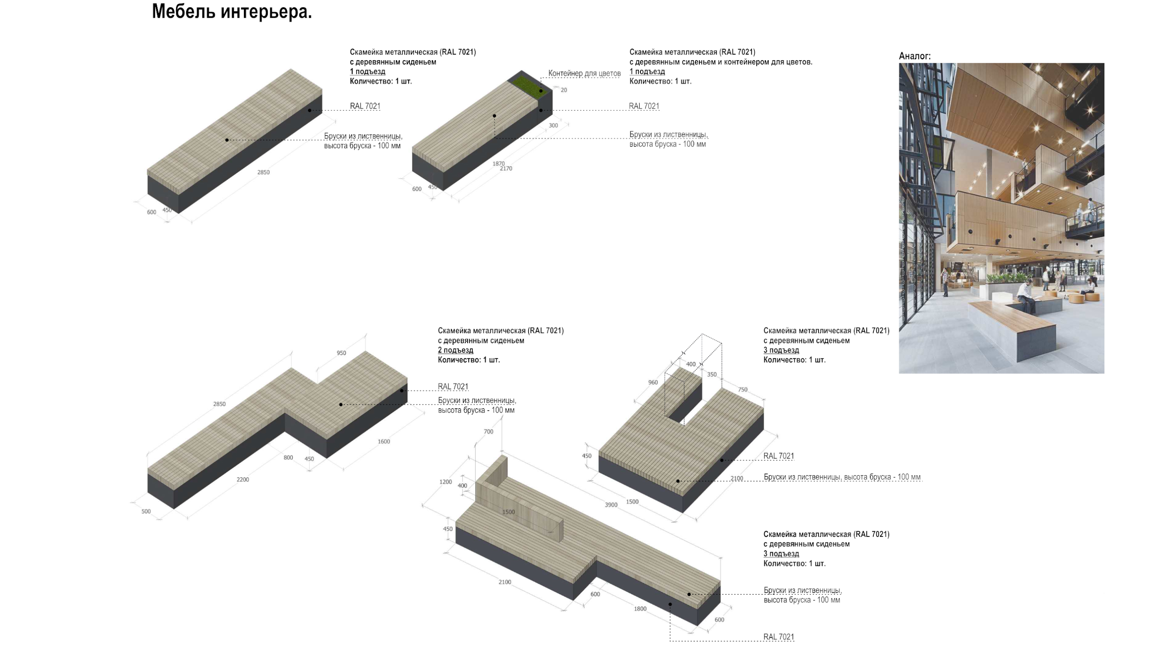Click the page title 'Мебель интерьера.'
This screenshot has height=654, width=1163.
pyautogui.click(x=232, y=12)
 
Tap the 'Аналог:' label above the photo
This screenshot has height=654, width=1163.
pyautogui.click(x=915, y=56)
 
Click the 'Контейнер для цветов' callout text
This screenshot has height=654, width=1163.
pyautogui.click(x=584, y=73)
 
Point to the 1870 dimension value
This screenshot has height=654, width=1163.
pyautogui.click(x=498, y=163)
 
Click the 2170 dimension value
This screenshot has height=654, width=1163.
pyautogui.click(x=506, y=168)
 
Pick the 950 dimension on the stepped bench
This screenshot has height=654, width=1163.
pyautogui.click(x=341, y=353)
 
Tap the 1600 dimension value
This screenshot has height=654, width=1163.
pyautogui.click(x=384, y=441)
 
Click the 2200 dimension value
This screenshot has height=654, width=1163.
pyautogui.click(x=243, y=479)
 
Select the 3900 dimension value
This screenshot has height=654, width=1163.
pyautogui.click(x=611, y=505)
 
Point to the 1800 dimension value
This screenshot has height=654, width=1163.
pyautogui.click(x=640, y=609)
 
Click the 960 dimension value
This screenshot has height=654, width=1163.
pyautogui.click(x=653, y=382)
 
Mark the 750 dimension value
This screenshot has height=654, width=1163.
pyautogui.click(x=743, y=390)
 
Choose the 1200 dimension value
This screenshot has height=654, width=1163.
pyautogui.click(x=445, y=482)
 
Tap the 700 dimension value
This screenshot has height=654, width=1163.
pyautogui.click(x=489, y=432)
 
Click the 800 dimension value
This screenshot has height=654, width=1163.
pyautogui.click(x=288, y=457)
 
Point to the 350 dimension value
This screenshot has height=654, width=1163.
pyautogui.click(x=712, y=374)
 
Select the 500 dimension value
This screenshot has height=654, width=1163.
pyautogui.click(x=146, y=511)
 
